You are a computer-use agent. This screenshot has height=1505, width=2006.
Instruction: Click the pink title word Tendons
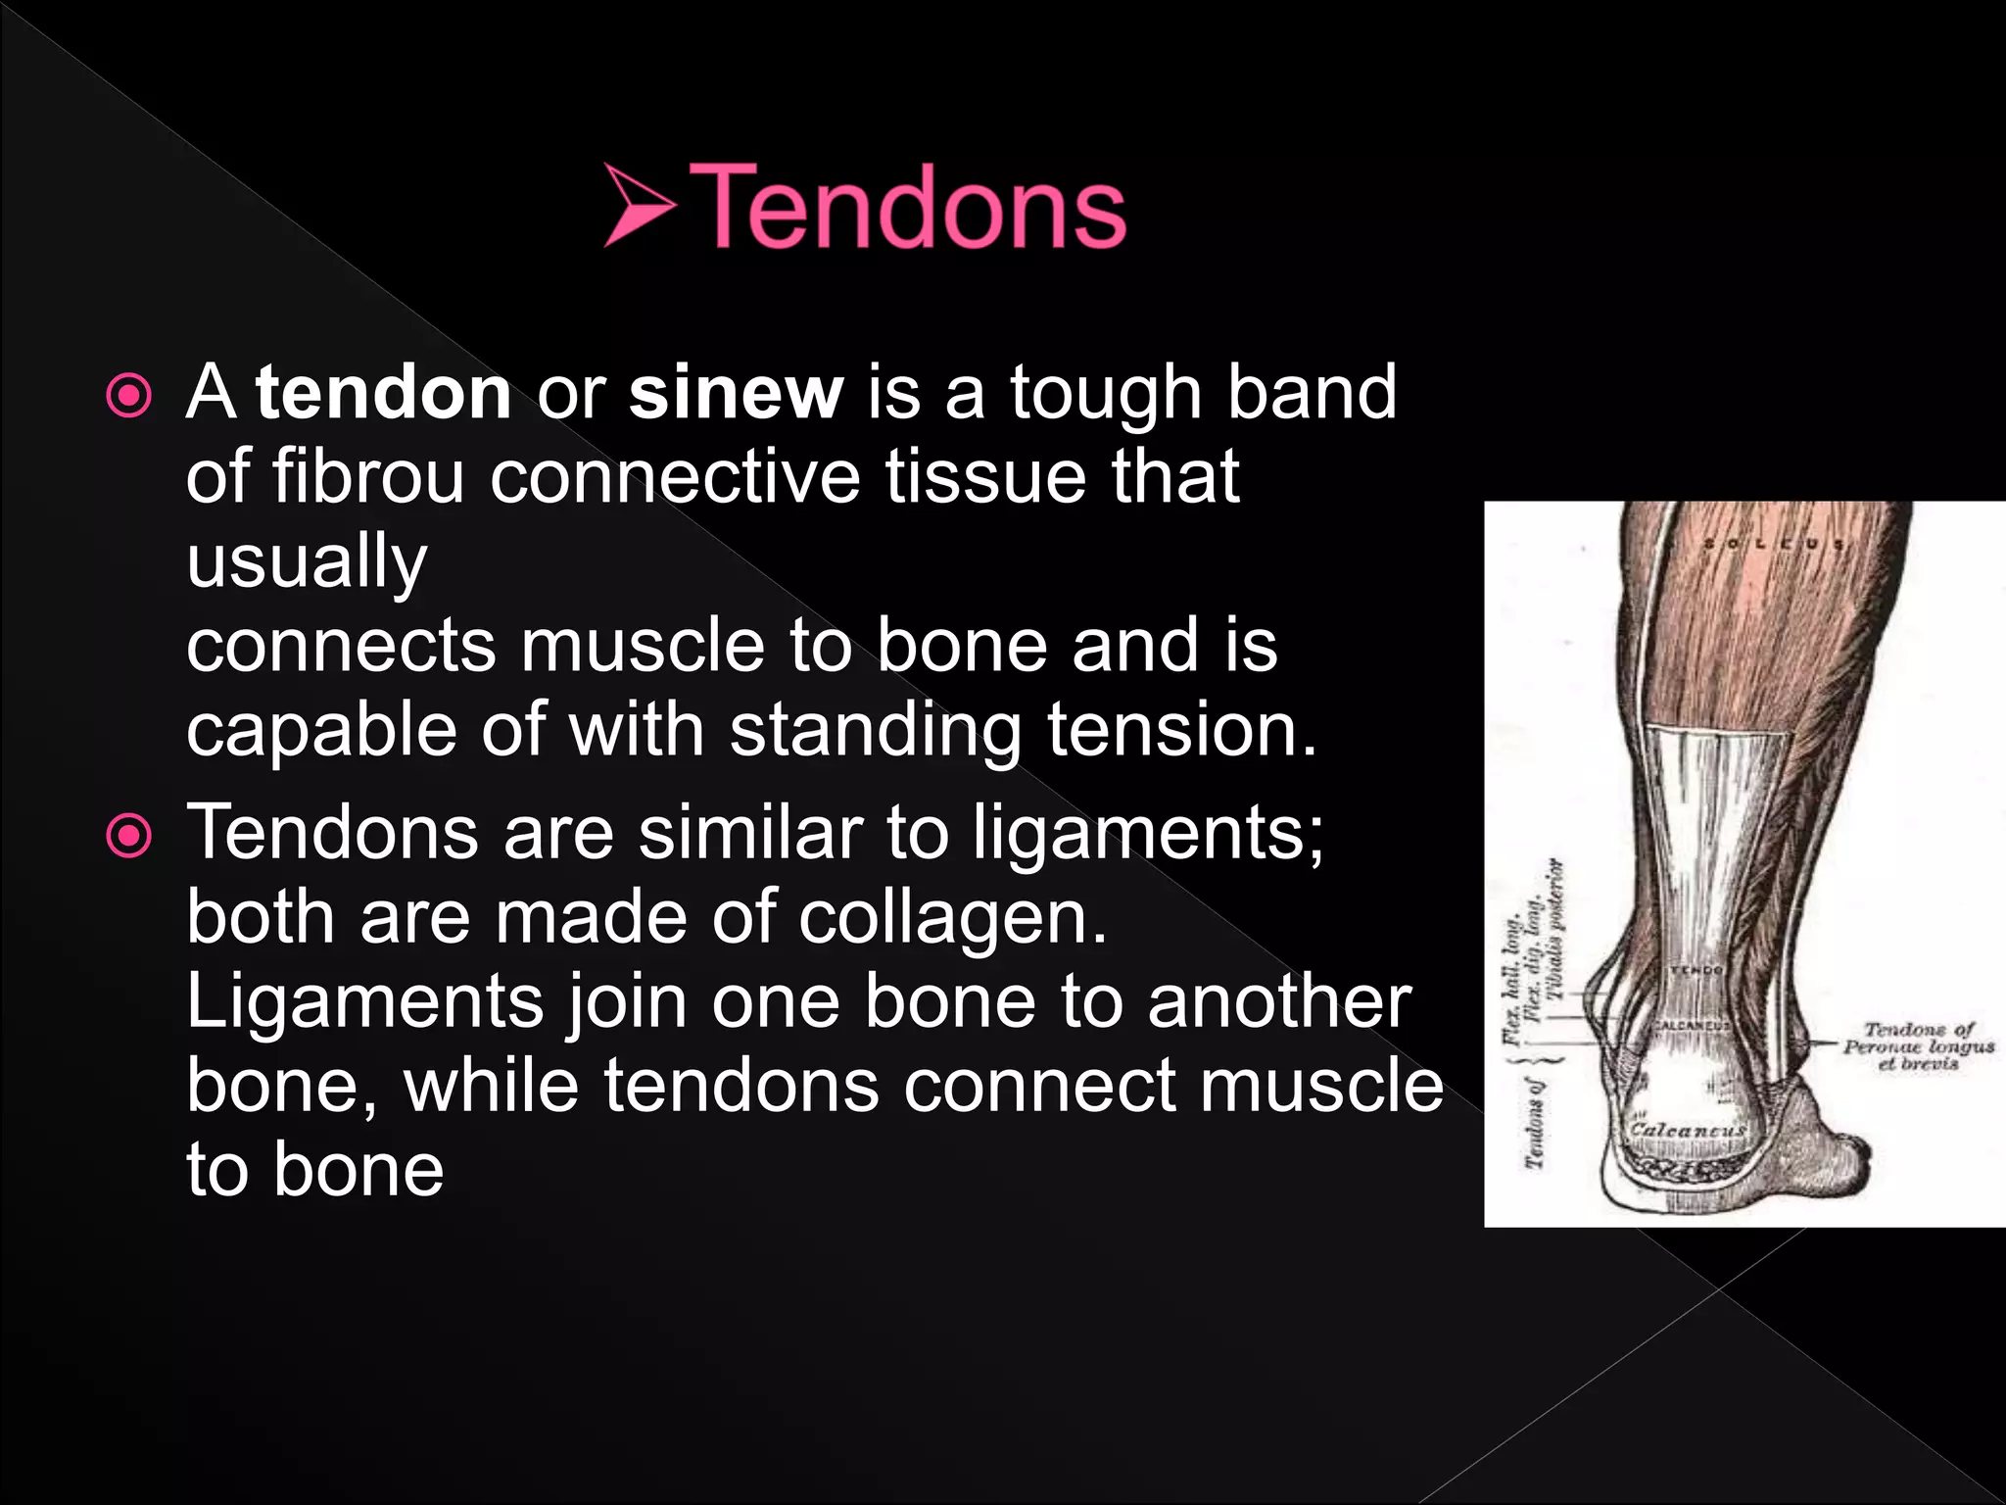(x=908, y=207)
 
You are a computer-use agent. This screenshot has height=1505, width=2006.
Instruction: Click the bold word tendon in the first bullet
(x=384, y=392)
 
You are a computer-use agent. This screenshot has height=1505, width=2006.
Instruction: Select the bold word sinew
(x=736, y=392)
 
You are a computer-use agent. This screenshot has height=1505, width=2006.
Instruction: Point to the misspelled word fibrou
(x=367, y=476)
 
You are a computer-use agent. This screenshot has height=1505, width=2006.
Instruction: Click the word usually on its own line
(x=307, y=562)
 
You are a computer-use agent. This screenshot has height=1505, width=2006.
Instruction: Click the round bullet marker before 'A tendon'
(x=129, y=396)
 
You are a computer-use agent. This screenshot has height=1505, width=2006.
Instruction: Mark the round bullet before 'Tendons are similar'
(x=129, y=836)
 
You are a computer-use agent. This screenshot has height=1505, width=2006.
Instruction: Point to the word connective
(x=675, y=476)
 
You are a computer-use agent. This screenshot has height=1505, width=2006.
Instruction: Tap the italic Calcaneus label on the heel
(x=1687, y=1130)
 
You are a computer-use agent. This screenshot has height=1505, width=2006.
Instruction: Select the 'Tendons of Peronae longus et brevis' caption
(x=1918, y=1045)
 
